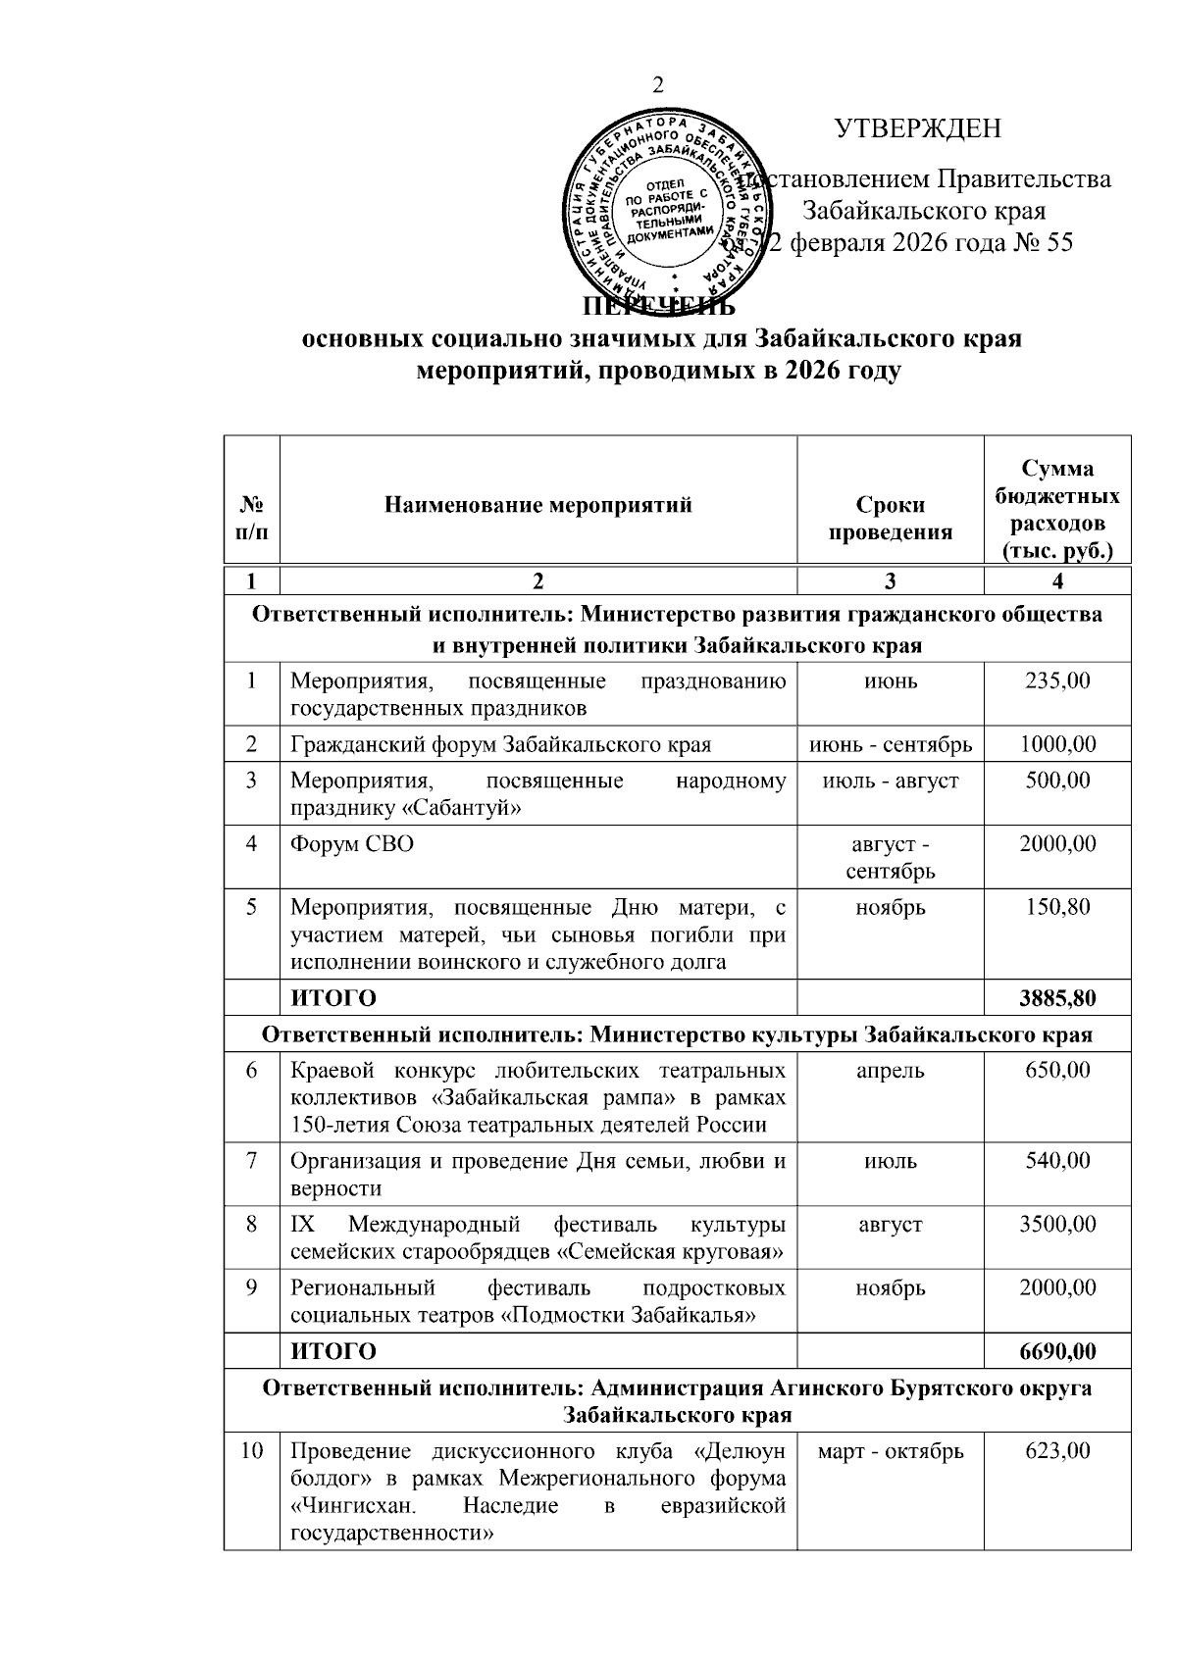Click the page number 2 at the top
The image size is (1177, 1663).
click(x=658, y=85)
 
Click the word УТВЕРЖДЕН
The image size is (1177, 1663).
click(x=918, y=128)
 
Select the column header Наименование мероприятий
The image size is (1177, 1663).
click(x=538, y=505)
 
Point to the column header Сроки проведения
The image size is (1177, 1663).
click(x=890, y=518)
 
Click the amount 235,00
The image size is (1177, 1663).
click(x=1056, y=680)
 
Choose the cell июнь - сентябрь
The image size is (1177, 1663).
click(x=890, y=744)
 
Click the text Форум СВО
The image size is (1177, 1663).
click(x=352, y=843)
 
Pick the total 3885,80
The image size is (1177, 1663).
click(x=1056, y=998)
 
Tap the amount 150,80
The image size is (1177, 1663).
click(x=1056, y=907)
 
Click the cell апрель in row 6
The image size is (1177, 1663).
click(x=890, y=1070)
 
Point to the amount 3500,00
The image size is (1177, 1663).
click(x=1056, y=1224)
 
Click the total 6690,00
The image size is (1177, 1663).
click(x=1056, y=1351)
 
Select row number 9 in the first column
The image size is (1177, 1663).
click(x=252, y=1287)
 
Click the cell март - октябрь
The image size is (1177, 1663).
click(x=890, y=1450)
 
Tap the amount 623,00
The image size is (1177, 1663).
click(x=1056, y=1450)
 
